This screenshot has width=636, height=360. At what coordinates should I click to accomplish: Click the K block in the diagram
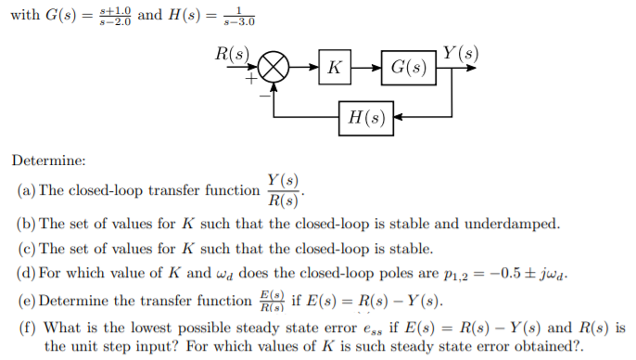333,68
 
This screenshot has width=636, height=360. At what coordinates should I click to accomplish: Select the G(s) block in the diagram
409,68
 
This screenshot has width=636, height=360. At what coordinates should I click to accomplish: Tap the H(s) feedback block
366,118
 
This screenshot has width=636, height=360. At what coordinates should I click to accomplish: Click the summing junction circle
273,68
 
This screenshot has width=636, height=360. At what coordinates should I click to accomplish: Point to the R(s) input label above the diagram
233,52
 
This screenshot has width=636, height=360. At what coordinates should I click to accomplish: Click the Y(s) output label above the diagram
461,50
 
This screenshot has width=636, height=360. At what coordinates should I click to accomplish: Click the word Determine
48,161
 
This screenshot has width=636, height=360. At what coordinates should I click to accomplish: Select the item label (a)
27,190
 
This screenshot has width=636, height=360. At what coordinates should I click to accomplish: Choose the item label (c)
27,249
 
